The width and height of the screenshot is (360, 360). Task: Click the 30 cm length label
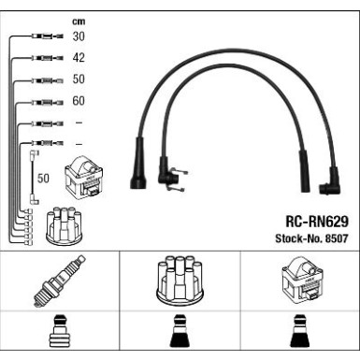(x=79, y=36)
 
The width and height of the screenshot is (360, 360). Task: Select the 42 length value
(x=79, y=58)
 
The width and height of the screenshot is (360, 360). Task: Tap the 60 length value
(x=79, y=101)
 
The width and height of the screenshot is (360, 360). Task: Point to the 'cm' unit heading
(x=79, y=22)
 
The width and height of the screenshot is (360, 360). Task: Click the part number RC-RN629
(x=317, y=222)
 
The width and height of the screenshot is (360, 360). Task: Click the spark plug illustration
(x=59, y=281)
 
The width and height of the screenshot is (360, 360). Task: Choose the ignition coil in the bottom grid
(x=302, y=279)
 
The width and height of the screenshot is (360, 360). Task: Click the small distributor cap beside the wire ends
(x=64, y=225)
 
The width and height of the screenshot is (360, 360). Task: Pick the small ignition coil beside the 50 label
(x=83, y=177)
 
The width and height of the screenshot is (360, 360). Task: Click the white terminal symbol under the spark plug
(x=58, y=331)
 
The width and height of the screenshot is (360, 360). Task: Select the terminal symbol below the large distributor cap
(x=180, y=331)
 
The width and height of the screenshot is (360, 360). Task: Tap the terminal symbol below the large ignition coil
(x=300, y=331)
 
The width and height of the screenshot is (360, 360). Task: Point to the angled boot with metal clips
(x=171, y=174)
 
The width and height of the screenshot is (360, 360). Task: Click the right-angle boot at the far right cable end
(x=330, y=182)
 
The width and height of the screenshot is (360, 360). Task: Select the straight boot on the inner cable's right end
(x=305, y=171)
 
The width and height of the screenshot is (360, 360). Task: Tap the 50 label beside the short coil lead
(x=43, y=179)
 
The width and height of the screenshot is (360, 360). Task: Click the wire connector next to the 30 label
(x=48, y=36)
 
